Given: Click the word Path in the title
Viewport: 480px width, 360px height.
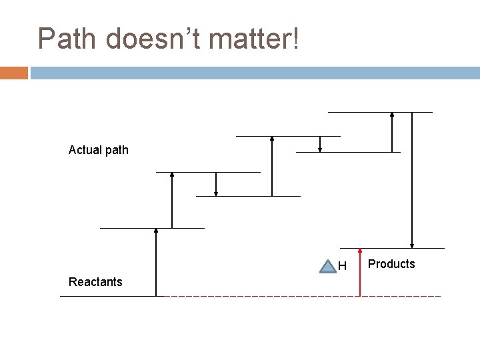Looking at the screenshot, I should pyautogui.click(x=68, y=39).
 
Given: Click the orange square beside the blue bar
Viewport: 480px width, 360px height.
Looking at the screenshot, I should pyautogui.click(x=14, y=72).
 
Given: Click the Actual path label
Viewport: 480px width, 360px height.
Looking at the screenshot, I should pyautogui.click(x=99, y=150).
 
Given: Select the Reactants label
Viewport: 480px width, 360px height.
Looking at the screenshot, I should pyautogui.click(x=95, y=282).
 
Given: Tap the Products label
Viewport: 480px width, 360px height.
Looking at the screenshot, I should pyautogui.click(x=391, y=264).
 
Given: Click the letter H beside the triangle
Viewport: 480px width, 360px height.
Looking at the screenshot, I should pyautogui.click(x=342, y=267).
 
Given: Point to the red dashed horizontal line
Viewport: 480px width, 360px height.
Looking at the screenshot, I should pyautogui.click(x=300, y=295).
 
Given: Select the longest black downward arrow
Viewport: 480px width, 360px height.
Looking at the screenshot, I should pyautogui.click(x=413, y=180).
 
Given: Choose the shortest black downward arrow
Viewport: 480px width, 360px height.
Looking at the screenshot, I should pyautogui.click(x=321, y=144).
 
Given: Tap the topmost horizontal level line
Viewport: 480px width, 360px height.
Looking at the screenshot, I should pyautogui.click(x=380, y=112).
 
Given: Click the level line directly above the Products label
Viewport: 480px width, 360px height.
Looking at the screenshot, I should pyautogui.click(x=392, y=249).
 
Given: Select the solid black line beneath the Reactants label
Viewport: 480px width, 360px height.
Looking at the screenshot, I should pyautogui.click(x=110, y=295).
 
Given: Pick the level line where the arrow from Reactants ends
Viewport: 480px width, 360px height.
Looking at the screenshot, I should pyautogui.click(x=152, y=228).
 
